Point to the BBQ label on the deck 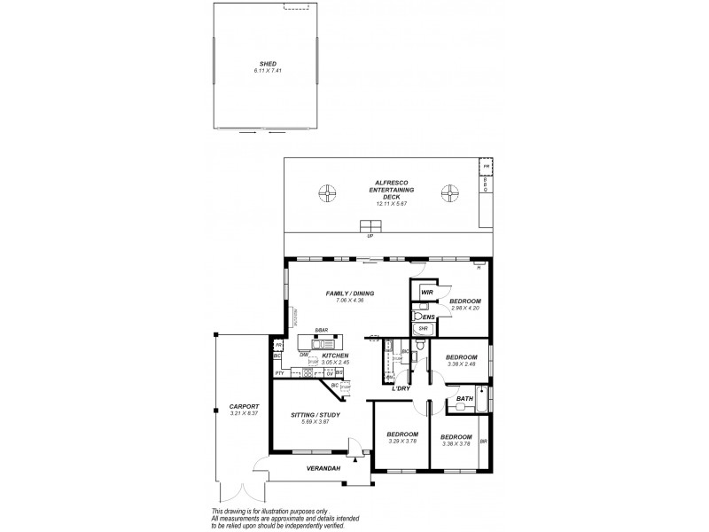click(485, 184)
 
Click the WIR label click(427, 292)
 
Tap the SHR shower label click(423, 326)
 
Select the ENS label click(429, 317)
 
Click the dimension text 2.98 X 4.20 click(464, 309)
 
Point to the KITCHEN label click(335, 356)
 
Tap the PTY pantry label click(279, 373)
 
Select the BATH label click(464, 399)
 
